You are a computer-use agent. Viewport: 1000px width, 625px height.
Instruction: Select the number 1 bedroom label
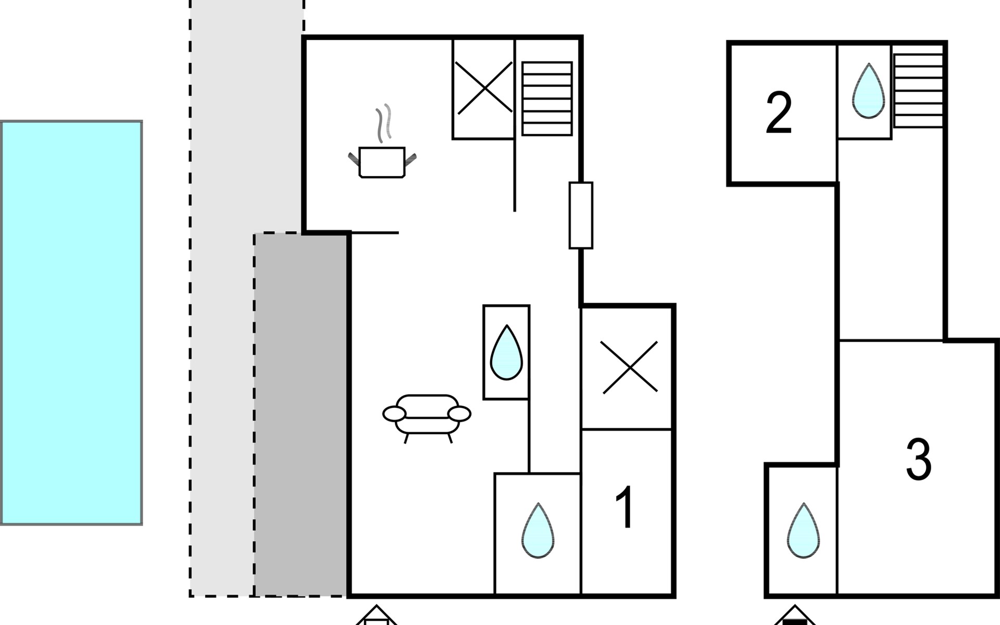[x=624, y=507]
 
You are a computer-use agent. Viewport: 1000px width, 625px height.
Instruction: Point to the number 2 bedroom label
[x=779, y=113]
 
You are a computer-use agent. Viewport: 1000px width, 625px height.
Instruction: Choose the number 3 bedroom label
[x=919, y=459]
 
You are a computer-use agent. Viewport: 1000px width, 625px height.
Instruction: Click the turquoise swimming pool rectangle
[x=71, y=323]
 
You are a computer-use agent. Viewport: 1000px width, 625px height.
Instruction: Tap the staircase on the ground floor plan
[x=547, y=99]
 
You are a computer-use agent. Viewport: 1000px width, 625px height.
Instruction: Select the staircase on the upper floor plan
[x=918, y=86]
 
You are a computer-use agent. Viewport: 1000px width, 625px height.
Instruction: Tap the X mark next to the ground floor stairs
[x=484, y=88]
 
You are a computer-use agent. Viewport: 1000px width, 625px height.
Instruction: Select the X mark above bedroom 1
[x=629, y=367]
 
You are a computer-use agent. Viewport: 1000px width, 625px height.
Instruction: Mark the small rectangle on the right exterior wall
[x=581, y=215]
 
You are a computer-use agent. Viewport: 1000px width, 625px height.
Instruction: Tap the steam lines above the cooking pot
[x=384, y=123]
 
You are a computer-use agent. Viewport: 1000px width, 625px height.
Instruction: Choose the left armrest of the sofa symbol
[x=394, y=414]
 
